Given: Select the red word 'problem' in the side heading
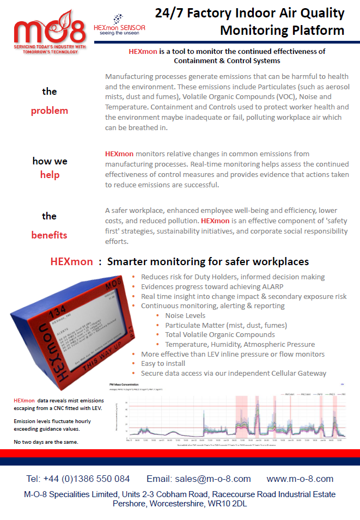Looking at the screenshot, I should pos(50,111).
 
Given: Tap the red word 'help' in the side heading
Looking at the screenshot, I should pos(50,175).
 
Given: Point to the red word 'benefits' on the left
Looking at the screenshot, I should pos(50,235).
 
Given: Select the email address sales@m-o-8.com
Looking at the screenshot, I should pos(213,479).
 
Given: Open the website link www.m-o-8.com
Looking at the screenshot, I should pos(300,479).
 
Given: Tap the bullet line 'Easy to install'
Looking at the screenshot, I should pos(163,363).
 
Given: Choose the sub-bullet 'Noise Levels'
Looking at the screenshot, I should pos(185,315).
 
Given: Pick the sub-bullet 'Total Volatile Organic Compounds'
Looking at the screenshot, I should pos(220,334).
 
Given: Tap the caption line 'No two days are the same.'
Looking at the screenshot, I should pos(46,442).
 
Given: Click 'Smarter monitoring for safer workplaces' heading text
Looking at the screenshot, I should pos(208,261).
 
